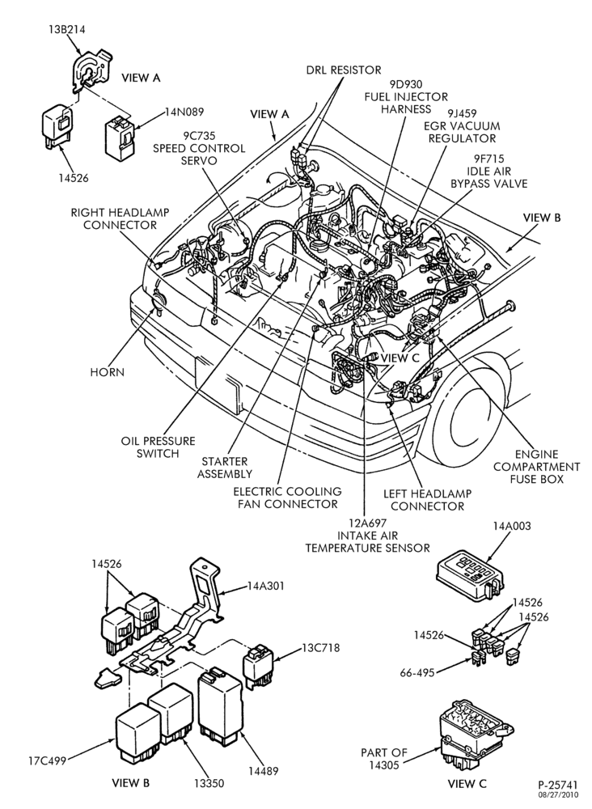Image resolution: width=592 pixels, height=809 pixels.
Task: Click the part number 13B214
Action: [x=64, y=29]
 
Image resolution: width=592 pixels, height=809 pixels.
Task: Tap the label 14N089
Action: [x=184, y=112]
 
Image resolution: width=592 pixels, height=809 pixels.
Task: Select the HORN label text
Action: [x=108, y=372]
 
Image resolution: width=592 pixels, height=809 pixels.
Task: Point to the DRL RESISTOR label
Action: [x=344, y=70]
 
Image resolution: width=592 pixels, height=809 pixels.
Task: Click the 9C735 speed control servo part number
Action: [x=199, y=136]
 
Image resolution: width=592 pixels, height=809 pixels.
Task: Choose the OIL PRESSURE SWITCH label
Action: [x=158, y=447]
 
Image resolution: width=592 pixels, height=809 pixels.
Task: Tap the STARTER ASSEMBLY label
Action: [x=225, y=468]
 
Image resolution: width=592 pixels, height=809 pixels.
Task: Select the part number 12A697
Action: [x=367, y=523]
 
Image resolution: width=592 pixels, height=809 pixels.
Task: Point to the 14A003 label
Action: [x=512, y=527]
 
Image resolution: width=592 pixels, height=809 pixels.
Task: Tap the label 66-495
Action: [x=417, y=673]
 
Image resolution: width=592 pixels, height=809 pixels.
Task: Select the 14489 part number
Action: [x=264, y=771]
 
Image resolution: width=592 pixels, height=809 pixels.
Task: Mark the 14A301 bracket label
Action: [x=265, y=586]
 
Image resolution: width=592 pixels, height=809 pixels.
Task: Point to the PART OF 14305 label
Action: [x=384, y=759]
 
